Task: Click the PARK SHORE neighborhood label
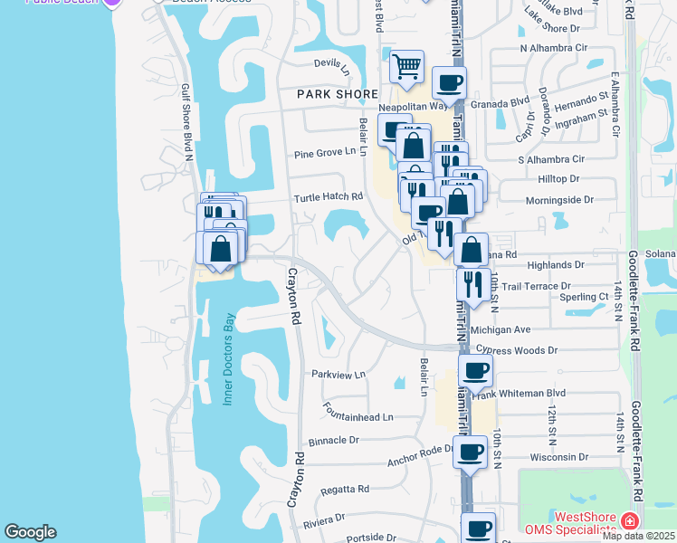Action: tap(338, 94)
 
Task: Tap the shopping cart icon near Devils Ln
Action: tap(407, 66)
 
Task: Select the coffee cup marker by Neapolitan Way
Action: tap(449, 84)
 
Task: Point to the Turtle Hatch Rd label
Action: tap(328, 196)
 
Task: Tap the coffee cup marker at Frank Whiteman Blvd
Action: tap(476, 370)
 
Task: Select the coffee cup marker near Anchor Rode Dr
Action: tap(470, 452)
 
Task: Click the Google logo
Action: tap(30, 532)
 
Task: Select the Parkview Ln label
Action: tap(338, 374)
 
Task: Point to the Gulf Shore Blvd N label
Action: tap(188, 118)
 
